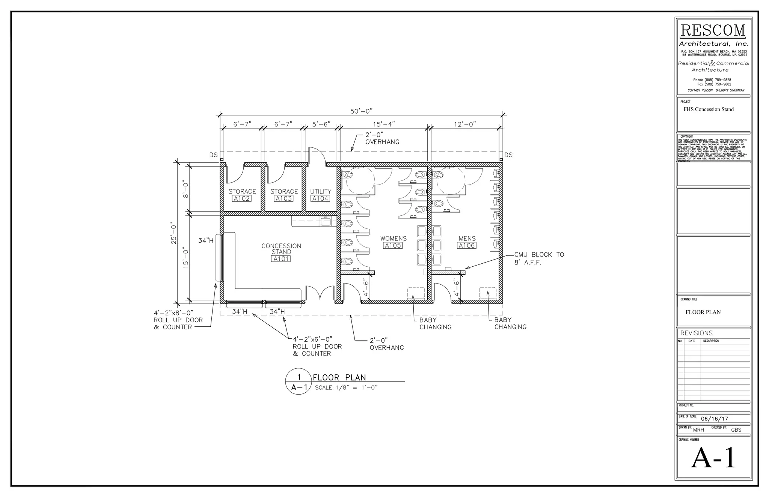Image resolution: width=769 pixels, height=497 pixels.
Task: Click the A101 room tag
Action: [x=281, y=259]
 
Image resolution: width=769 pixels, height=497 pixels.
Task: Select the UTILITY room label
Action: [x=321, y=191]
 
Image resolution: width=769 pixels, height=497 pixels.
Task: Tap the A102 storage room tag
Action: [x=242, y=198]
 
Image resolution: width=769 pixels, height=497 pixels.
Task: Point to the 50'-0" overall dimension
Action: [x=361, y=111]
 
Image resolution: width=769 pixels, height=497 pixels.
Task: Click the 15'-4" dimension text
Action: [x=384, y=124]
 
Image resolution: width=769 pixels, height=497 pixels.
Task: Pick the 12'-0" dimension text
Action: [x=465, y=124]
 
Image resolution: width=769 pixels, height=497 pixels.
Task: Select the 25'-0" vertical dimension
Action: [x=174, y=233]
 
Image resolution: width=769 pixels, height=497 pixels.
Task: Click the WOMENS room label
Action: [x=393, y=239]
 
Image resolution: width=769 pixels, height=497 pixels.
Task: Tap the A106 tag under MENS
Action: [x=467, y=245]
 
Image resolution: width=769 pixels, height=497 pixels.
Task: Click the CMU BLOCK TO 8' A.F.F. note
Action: [x=539, y=258]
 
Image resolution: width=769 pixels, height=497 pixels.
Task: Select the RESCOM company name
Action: [x=713, y=30]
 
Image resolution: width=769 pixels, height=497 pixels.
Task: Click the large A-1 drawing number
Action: [x=713, y=458]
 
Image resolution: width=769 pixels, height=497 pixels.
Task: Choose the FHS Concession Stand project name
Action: [x=708, y=110]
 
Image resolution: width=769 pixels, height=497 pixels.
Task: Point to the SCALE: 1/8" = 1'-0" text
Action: [x=346, y=387]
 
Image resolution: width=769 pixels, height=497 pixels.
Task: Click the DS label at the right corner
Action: [x=508, y=155]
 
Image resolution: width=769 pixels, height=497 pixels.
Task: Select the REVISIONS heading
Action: [x=696, y=333]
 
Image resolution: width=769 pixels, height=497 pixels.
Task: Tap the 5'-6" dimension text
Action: [x=321, y=124]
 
